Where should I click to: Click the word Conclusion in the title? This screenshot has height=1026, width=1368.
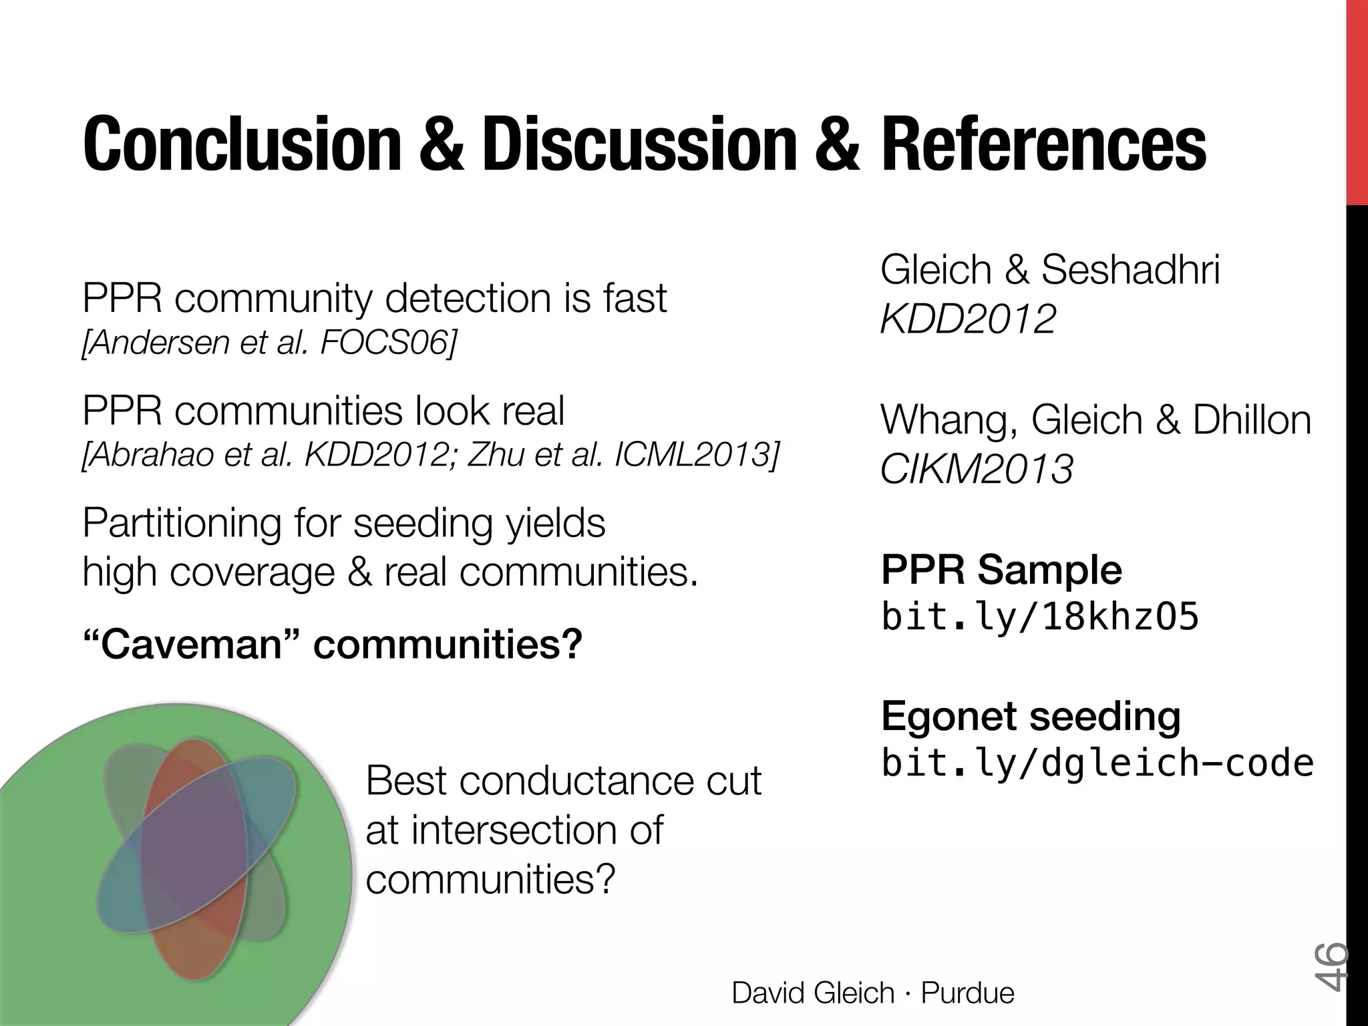(x=241, y=144)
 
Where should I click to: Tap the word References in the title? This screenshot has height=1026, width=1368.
(x=1044, y=144)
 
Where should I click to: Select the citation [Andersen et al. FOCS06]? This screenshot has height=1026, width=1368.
(x=269, y=343)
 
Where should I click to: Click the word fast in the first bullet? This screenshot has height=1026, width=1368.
(x=635, y=298)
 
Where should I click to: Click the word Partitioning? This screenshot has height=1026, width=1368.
(x=182, y=523)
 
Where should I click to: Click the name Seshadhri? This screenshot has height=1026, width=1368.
(x=1130, y=269)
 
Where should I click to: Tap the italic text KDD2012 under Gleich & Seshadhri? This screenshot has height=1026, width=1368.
(x=968, y=319)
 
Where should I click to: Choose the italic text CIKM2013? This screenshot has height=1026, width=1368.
(x=977, y=469)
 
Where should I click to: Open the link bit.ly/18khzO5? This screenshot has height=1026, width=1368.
(x=1039, y=617)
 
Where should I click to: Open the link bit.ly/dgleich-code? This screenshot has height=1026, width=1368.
(x=1097, y=763)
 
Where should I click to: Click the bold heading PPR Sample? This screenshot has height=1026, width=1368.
(x=1001, y=570)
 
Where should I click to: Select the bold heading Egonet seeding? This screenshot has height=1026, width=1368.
(x=1031, y=716)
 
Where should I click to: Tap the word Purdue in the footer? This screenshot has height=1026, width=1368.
(x=967, y=993)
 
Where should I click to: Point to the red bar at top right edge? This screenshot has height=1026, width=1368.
(x=1357, y=100)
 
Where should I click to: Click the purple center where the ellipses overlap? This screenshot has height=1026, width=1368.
(x=194, y=855)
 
